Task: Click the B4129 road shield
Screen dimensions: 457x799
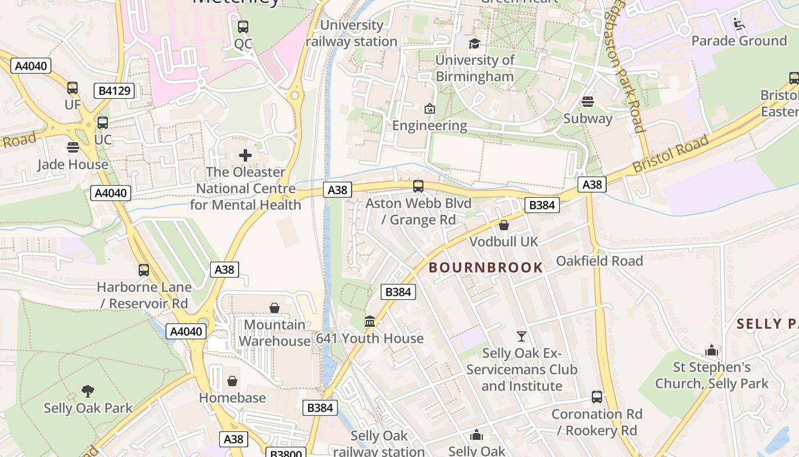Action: coord(114,90)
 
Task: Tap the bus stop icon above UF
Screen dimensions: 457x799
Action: coord(72,88)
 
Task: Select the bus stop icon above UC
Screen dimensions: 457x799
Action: coord(103,123)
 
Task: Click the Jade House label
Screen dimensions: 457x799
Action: coord(72,165)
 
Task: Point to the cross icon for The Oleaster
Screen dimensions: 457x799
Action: coord(245,155)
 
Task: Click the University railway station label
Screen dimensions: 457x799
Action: coord(351,33)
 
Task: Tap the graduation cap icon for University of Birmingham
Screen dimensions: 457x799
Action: coord(474,43)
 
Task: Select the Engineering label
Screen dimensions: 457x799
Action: coord(430,125)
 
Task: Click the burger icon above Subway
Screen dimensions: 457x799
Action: coord(588,102)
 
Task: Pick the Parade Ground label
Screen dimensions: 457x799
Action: coord(739,41)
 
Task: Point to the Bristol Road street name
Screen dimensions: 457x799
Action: coord(671,153)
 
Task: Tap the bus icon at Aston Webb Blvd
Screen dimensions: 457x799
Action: coord(418,186)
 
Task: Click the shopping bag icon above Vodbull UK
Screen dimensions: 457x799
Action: coord(504,226)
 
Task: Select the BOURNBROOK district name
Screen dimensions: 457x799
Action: coord(486,267)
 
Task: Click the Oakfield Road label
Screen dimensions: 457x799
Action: coord(599,261)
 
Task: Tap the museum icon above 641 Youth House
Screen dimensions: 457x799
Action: coord(370,322)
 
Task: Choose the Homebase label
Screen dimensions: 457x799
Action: coord(232,398)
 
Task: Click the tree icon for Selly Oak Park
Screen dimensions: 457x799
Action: coord(88,391)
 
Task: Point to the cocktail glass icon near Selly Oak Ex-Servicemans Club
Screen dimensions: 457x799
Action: coord(522,336)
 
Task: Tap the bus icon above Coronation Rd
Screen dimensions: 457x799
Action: coord(597,397)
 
